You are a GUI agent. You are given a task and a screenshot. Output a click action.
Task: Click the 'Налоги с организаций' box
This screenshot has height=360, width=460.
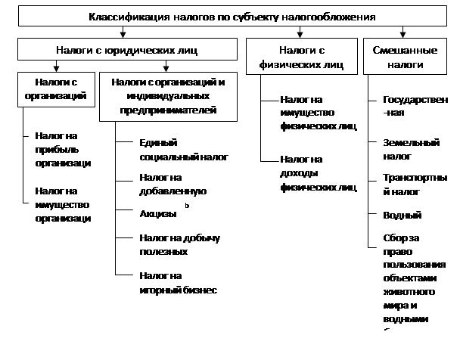click(54, 88)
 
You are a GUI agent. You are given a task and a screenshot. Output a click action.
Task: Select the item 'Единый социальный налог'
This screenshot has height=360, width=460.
click(182, 150)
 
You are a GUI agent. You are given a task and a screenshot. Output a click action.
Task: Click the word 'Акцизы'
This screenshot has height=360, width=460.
click(157, 214)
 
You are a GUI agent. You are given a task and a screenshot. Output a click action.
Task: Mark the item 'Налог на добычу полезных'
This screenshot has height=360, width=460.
click(179, 244)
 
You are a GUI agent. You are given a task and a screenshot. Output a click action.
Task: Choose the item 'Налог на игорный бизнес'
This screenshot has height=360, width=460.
click(178, 282)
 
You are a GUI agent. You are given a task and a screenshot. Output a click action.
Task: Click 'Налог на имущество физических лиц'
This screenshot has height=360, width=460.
click(317, 113)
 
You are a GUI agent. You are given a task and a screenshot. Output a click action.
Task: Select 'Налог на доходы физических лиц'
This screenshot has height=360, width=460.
click(317, 172)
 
